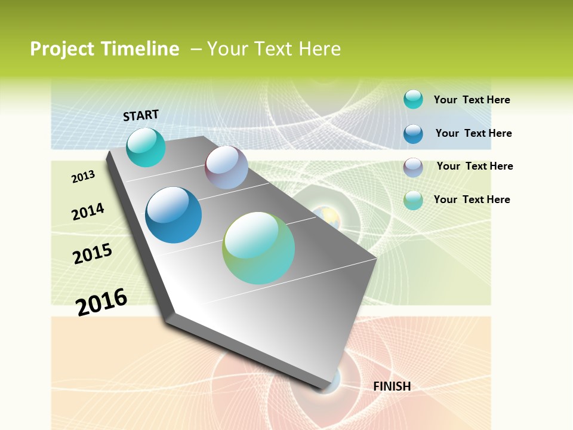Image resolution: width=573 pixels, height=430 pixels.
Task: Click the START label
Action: coord(141,115)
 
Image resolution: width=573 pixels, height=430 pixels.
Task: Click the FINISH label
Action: coord(392,386)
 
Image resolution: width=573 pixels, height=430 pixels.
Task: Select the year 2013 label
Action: coord(83,177)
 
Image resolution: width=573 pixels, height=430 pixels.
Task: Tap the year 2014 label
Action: coord(88,211)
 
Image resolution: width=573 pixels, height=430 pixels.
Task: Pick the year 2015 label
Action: coord(93,254)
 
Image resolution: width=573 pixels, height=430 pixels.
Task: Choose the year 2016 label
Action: coord(101,302)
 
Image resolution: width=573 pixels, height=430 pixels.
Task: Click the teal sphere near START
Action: coord(146,147)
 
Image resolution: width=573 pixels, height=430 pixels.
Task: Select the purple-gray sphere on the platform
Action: coord(226,167)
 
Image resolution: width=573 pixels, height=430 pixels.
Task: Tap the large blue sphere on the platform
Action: coord(174,215)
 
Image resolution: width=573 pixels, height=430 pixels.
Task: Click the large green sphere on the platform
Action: coord(258,248)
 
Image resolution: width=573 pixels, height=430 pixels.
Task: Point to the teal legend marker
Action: coord(413,99)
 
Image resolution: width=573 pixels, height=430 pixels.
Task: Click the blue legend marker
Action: coord(413,134)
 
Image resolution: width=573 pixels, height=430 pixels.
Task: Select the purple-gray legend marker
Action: coord(413,167)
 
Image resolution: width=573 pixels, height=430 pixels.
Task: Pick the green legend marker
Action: coord(413,200)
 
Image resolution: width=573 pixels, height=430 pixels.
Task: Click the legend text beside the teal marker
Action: coord(472,100)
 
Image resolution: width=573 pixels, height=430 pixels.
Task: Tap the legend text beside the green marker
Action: coord(472,199)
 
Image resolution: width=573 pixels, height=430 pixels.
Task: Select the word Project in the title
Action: coord(63,49)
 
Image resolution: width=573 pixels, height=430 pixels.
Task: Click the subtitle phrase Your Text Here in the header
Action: coord(274,49)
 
